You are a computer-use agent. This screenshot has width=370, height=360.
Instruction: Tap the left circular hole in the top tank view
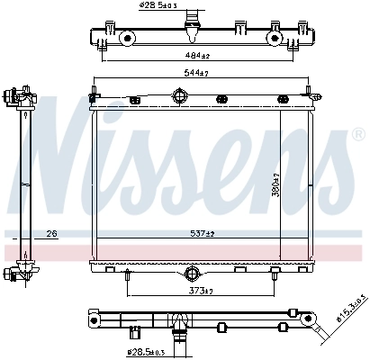pos(129,38)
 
